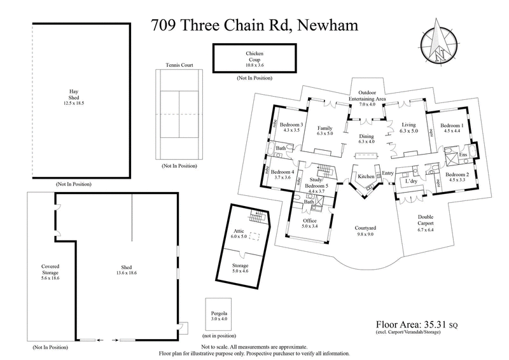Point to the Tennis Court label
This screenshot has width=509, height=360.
coord(178,65)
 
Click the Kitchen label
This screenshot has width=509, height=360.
coord(365,176)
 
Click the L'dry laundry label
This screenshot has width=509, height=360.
coord(410,182)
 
